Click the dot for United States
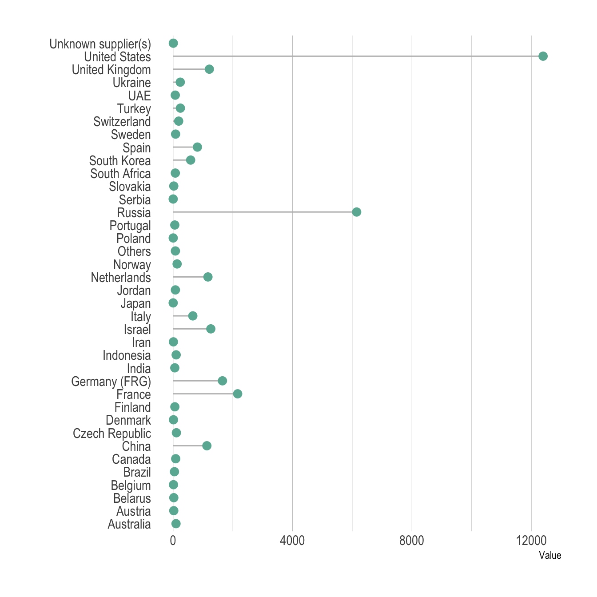(543, 56)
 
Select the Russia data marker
(356, 212)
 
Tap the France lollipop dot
(238, 394)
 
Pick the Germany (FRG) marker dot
(223, 381)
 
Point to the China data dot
(207, 446)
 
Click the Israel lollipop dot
(211, 329)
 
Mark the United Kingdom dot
(209, 69)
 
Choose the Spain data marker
(197, 147)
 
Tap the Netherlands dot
(208, 277)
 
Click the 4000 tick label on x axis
(292, 541)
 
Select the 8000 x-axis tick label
(412, 541)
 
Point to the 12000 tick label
(531, 541)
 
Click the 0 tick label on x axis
(173, 541)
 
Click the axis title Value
(550, 555)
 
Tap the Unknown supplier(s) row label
(100, 44)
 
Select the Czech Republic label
(112, 434)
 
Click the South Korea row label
(120, 161)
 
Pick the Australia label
(129, 525)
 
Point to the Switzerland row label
(122, 122)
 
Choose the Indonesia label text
(127, 355)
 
